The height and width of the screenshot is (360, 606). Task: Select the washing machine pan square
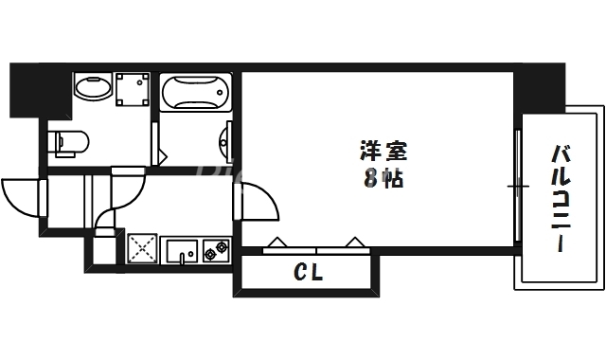coord(134,91)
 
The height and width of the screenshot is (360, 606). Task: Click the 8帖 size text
coord(383,178)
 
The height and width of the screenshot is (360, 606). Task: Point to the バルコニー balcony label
coord(561,200)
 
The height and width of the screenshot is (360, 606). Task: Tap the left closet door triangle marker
coord(278,243)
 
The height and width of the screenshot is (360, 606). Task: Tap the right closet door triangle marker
coord(357,243)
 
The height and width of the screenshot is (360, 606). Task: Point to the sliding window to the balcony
coord(518,186)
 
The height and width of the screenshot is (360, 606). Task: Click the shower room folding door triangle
coord(162,150)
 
